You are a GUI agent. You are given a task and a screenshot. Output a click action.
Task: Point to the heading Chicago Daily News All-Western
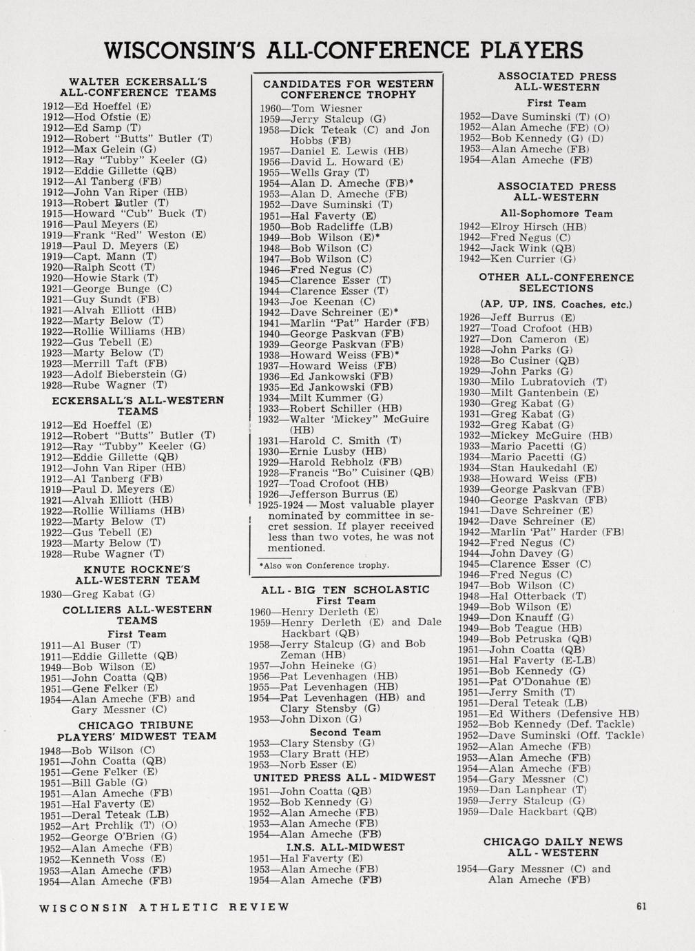point(552,847)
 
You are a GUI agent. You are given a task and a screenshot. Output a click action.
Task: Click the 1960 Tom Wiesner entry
point(310,108)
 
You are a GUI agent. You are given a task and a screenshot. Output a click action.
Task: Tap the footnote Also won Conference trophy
point(324,565)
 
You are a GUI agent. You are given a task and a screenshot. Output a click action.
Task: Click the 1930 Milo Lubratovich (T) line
point(532,382)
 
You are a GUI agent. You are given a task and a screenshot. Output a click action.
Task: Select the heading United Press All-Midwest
point(344,777)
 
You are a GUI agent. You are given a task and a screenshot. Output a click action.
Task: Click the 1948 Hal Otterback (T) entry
point(522,595)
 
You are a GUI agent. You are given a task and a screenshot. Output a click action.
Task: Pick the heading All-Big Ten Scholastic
point(345,590)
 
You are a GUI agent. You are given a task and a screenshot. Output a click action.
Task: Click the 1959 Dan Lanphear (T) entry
point(522,790)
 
